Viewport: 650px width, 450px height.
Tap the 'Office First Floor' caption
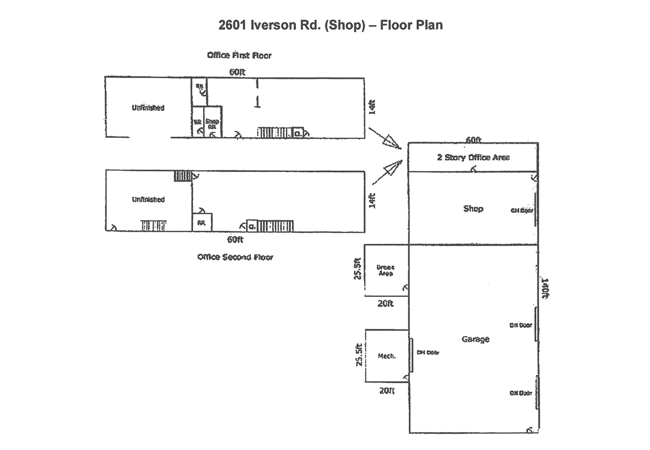tap(240, 55)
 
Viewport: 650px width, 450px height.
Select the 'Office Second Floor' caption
tap(235, 257)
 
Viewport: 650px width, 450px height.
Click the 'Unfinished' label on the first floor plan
tap(148, 108)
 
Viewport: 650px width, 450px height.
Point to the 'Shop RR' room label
tap(212, 124)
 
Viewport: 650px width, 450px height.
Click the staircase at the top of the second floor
tap(183, 175)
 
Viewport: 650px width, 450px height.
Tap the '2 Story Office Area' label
tap(473, 157)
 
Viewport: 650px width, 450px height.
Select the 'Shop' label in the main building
tap(473, 208)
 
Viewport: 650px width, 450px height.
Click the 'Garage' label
tap(475, 339)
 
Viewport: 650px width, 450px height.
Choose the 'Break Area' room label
tap(385, 270)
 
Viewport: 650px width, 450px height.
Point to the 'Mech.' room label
tap(386, 356)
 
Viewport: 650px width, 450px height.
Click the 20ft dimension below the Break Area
tap(385, 303)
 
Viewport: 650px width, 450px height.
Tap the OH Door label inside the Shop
tap(522, 210)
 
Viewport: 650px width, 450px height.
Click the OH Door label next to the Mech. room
tap(427, 352)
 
